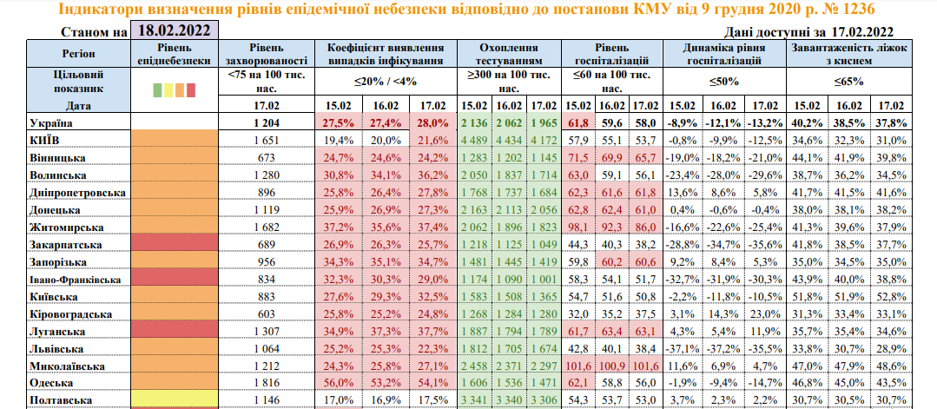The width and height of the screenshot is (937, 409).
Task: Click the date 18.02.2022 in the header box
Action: tap(174, 31)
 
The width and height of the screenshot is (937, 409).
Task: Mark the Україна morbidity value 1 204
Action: tap(267, 123)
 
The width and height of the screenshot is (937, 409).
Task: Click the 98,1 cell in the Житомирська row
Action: tap(578, 226)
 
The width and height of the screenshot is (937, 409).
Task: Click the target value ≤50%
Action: tap(719, 82)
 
